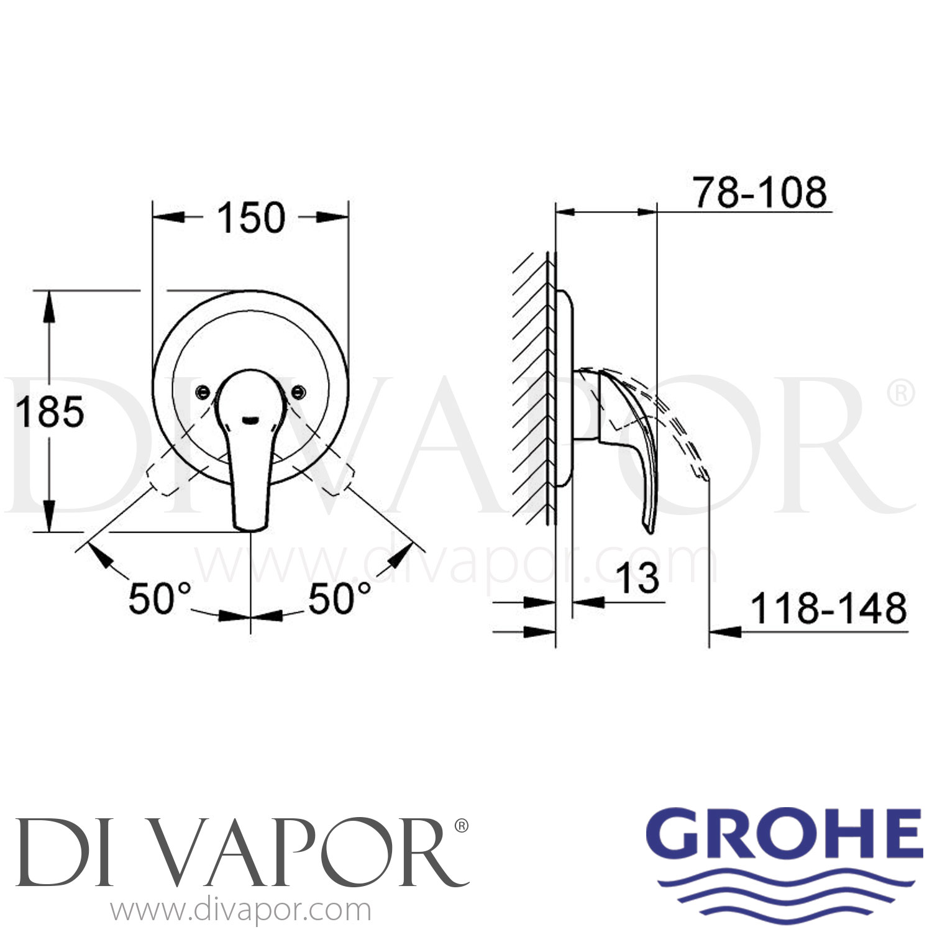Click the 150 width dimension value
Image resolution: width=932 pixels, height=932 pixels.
250,218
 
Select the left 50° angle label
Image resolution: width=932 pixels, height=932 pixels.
160,598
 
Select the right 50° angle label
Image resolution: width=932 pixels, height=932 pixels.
339,598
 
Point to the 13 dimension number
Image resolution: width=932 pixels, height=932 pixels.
637,578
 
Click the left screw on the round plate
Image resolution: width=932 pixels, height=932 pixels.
202,391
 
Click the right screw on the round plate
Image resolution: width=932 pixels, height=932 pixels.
299,391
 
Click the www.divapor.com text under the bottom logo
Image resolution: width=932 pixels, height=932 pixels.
240,911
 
